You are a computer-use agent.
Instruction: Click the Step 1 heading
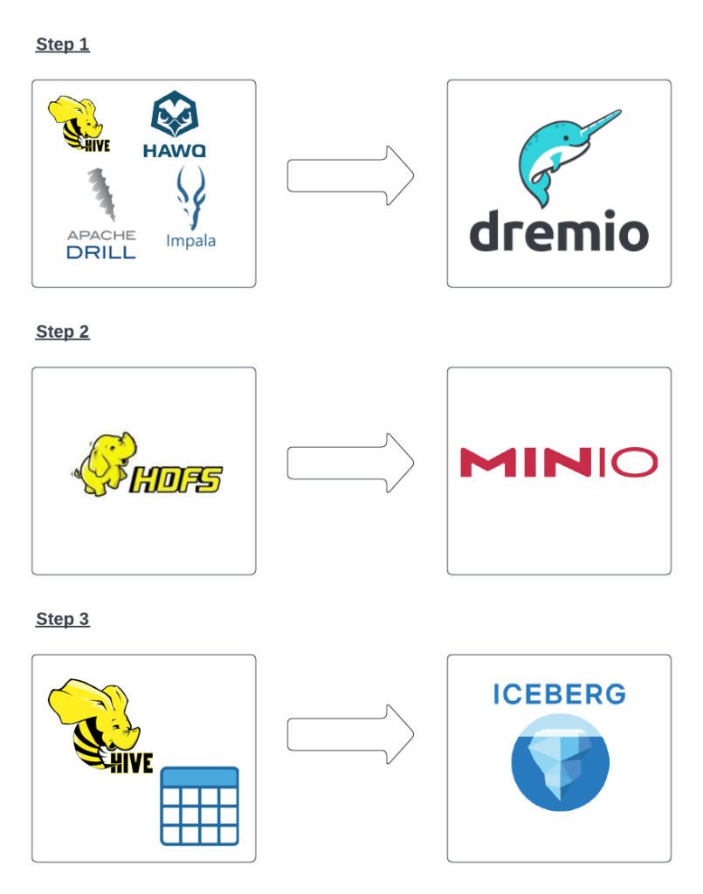[62, 45]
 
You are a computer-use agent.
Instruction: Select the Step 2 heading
[62, 332]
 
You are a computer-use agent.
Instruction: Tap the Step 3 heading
[62, 619]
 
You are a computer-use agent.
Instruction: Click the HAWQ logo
[175, 126]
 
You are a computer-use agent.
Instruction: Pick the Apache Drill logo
[101, 215]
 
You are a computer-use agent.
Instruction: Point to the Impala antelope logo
[190, 209]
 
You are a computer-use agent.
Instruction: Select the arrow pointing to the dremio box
[350, 175]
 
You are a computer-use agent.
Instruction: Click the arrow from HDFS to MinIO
[350, 463]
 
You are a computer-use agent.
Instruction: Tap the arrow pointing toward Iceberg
[350, 734]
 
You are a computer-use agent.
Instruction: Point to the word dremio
[559, 231]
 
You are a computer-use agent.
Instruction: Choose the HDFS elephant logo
[146, 465]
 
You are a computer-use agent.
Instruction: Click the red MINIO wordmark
[558, 463]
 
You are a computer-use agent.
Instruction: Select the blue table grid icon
[199, 806]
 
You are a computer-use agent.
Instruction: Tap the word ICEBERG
[560, 695]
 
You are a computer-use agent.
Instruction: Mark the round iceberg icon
[560, 762]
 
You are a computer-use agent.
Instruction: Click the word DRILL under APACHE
[101, 252]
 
